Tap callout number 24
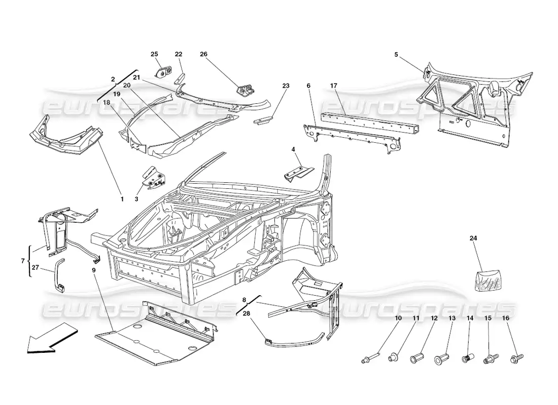pyautogui.click(x=473, y=238)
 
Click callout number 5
pyautogui.click(x=396, y=55)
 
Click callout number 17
pyautogui.click(x=333, y=86)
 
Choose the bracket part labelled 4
pyautogui.click(x=299, y=173)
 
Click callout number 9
pyautogui.click(x=94, y=270)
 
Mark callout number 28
pyautogui.click(x=247, y=313)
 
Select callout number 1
pyautogui.click(x=122, y=199)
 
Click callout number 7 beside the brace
pyautogui.click(x=23, y=261)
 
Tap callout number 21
pyautogui.click(x=137, y=77)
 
